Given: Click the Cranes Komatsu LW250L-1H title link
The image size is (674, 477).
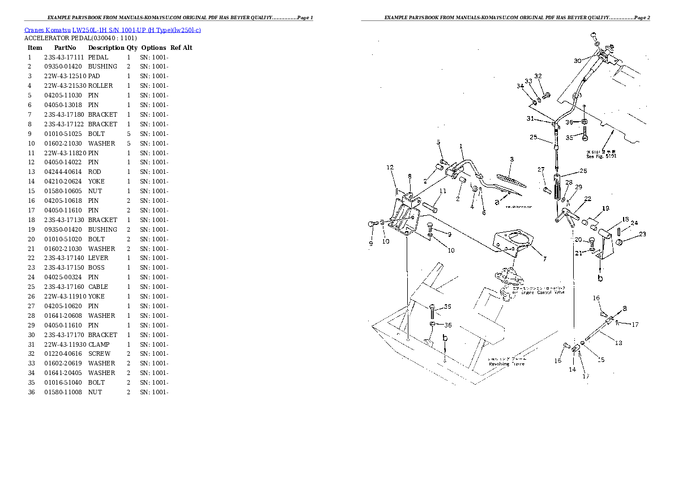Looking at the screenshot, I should (112, 29).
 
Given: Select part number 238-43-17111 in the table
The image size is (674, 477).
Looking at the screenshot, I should (63, 57).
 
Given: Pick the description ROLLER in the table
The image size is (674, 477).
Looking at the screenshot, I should (100, 86).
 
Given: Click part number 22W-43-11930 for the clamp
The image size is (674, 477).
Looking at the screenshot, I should (65, 344).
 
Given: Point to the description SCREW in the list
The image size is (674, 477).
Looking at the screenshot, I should (99, 354).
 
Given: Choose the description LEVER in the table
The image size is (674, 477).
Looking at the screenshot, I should (99, 258).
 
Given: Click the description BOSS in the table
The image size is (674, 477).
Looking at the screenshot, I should (96, 268).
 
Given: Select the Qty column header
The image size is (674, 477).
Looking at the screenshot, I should (132, 48).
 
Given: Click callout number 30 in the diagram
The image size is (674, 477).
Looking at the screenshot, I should (577, 61).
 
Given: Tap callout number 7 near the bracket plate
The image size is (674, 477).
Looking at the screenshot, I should (544, 259).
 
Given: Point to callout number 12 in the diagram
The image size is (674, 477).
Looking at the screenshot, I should (390, 168).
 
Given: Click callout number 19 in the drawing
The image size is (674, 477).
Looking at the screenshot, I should (605, 208).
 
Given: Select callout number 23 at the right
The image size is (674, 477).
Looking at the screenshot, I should (642, 234).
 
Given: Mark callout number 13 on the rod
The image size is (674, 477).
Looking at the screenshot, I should (618, 343).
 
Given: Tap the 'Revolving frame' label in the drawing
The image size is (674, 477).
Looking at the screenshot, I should (510, 364).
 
